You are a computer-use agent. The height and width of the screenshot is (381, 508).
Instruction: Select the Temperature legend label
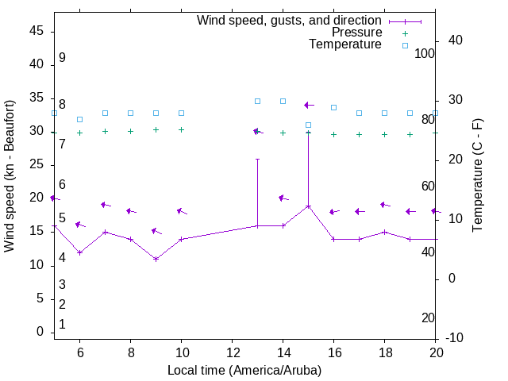click(345, 44)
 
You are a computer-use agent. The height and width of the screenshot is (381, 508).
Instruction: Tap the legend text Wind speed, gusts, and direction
click(289, 21)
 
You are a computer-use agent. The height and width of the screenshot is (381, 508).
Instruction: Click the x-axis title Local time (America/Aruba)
click(244, 370)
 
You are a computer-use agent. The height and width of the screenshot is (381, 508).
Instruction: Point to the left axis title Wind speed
click(10, 176)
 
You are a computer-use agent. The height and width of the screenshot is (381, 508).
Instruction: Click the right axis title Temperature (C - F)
click(477, 176)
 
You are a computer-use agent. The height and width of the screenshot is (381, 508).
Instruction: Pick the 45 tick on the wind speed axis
click(37, 30)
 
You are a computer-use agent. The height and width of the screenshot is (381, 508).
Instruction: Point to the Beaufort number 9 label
click(62, 58)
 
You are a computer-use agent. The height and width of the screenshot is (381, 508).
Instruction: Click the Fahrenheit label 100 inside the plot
click(425, 53)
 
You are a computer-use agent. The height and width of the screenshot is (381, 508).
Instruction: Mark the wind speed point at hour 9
click(156, 259)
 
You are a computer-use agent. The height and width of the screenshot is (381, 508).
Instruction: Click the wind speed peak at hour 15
click(308, 206)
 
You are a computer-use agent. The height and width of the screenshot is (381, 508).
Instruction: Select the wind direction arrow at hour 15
click(309, 105)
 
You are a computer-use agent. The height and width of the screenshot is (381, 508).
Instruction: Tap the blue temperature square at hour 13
click(257, 101)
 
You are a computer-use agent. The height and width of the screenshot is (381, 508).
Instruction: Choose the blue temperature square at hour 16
click(333, 107)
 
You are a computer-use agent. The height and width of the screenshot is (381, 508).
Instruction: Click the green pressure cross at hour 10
click(181, 129)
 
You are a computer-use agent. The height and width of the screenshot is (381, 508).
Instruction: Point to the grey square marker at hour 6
click(79, 119)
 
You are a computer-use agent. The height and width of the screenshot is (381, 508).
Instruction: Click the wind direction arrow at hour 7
click(105, 205)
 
